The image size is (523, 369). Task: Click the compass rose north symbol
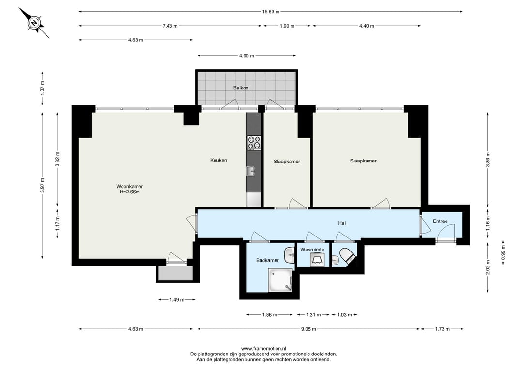point(34,23)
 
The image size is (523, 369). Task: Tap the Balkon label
point(241,88)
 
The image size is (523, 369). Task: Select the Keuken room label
point(218,160)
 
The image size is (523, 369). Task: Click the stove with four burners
point(254,143)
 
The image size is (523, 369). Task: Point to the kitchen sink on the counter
point(251,171)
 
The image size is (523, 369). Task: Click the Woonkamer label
point(129,186)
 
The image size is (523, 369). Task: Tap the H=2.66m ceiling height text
point(129,192)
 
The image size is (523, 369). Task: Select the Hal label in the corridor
point(342,223)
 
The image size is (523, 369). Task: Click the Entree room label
point(440,221)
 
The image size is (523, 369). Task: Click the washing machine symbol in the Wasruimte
point(317,259)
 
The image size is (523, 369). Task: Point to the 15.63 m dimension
point(271,12)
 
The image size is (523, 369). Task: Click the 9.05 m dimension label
point(308,329)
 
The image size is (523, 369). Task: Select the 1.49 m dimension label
point(177,300)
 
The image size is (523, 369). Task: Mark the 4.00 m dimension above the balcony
point(246,56)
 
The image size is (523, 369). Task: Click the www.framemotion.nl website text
point(263,349)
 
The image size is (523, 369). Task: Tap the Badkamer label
point(267,260)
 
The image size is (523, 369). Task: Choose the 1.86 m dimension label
point(270,315)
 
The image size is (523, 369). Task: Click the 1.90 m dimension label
point(287,26)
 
